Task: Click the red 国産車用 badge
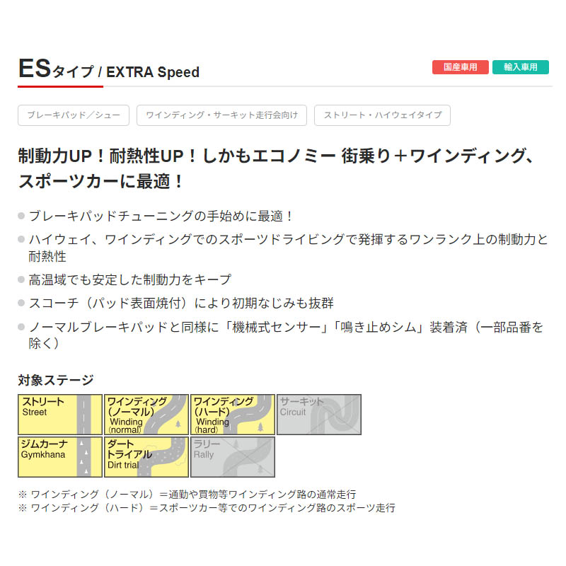[461, 67]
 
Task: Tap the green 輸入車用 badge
[521, 67]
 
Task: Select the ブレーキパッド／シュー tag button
[74, 115]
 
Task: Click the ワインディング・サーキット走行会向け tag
[221, 115]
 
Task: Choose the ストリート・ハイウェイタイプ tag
[382, 115]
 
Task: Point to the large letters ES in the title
[35, 68]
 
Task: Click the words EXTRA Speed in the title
[153, 72]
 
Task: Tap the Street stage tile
[60, 415]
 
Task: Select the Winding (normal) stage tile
[146, 415]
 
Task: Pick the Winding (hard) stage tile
[233, 415]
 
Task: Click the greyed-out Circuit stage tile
[319, 415]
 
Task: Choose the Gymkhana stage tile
[60, 457]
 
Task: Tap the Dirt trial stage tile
[146, 457]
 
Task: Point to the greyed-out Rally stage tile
[233, 457]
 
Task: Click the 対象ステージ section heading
[56, 380]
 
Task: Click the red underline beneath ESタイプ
[60, 86]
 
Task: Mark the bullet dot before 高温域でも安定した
[21, 279]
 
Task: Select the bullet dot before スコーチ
[21, 303]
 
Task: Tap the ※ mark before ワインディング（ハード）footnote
[23, 508]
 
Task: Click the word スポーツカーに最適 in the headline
[95, 181]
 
